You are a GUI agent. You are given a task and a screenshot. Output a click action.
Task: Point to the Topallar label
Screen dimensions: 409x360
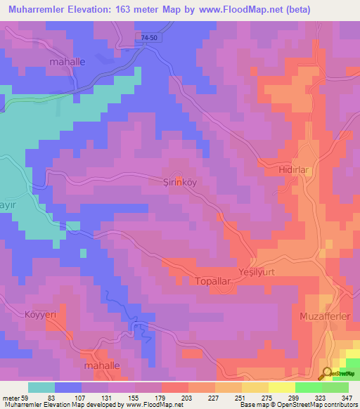[212, 280]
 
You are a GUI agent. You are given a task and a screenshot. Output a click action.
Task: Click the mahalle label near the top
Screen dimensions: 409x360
[67, 62]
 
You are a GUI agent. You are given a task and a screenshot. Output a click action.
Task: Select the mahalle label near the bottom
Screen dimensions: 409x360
[103, 366]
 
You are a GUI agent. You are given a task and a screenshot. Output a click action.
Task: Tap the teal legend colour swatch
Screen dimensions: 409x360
[41, 387]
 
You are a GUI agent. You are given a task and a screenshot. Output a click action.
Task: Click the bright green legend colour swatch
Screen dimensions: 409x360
[309, 387]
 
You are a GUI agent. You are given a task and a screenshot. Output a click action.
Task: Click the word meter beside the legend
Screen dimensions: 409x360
[9, 398]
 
